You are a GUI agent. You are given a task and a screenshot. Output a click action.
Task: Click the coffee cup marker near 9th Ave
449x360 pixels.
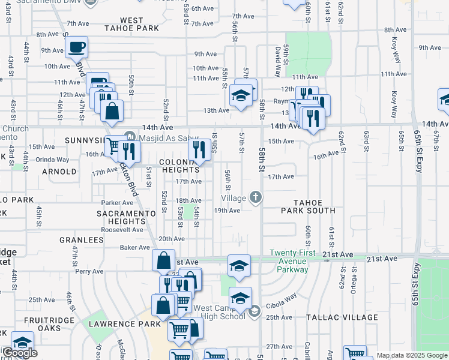coord(76,46)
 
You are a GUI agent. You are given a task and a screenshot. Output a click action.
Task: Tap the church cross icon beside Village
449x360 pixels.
coord(256,197)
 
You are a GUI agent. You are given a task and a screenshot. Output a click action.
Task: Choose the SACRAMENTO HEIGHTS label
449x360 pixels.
coord(127,217)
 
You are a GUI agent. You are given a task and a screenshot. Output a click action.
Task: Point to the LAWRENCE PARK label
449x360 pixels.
coord(125,323)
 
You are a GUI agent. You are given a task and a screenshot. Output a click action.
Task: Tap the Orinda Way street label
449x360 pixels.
coord(52,160)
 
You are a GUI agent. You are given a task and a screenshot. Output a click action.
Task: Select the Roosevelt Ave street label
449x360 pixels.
coord(122,229)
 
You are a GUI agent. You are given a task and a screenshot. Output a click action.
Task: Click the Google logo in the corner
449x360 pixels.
coord(19,353)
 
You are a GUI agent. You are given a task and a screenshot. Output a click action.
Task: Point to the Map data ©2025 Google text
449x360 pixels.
coord(412,355)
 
